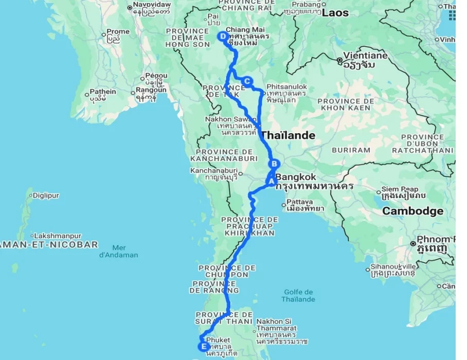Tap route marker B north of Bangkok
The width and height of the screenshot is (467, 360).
pyautogui.click(x=275, y=164)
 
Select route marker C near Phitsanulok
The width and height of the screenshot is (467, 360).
pyautogui.click(x=247, y=81)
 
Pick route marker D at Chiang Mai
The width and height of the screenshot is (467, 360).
pyautogui.click(x=223, y=37)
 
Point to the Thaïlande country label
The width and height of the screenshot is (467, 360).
pyautogui.click(x=288, y=136)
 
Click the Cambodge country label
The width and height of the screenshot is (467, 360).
pyautogui.click(x=412, y=211)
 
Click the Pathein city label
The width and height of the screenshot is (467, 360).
pyautogui.click(x=103, y=92)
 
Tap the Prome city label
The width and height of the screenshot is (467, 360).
pyautogui.click(x=118, y=31)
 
